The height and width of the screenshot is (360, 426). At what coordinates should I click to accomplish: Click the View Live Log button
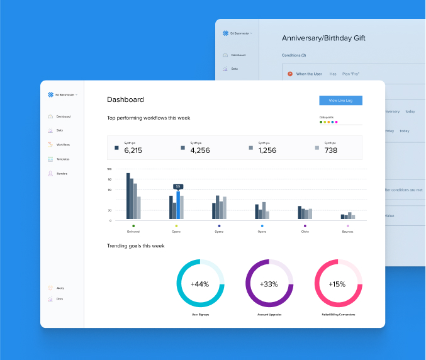(x=340, y=100)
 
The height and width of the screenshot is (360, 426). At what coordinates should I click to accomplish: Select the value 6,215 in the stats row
(x=133, y=150)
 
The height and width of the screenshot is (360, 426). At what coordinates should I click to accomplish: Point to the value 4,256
(x=199, y=150)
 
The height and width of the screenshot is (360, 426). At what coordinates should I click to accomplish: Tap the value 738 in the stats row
(x=330, y=150)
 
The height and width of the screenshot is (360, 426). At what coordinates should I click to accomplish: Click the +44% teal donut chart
(x=200, y=283)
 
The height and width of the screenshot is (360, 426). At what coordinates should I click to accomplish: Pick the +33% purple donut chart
(x=269, y=283)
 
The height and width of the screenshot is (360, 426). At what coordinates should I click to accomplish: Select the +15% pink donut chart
(x=337, y=283)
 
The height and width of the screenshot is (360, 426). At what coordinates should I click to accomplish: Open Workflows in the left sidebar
(x=63, y=145)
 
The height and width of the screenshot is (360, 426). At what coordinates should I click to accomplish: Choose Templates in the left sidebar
(x=63, y=159)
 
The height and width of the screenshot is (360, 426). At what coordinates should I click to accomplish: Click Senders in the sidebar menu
(x=62, y=173)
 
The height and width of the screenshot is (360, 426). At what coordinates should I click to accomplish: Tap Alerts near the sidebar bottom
(x=60, y=288)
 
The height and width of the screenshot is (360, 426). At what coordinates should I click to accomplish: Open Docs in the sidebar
(x=60, y=299)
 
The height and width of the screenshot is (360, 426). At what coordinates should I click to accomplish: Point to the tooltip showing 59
(x=178, y=186)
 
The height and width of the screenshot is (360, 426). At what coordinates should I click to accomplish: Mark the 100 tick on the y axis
(x=109, y=169)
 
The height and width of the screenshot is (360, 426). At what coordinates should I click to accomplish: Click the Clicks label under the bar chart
(x=305, y=232)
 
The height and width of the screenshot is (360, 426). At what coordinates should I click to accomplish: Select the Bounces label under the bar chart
(x=347, y=232)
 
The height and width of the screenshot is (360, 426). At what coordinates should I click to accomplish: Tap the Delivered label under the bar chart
(x=133, y=232)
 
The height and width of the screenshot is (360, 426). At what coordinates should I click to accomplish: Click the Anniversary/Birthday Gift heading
(x=323, y=38)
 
